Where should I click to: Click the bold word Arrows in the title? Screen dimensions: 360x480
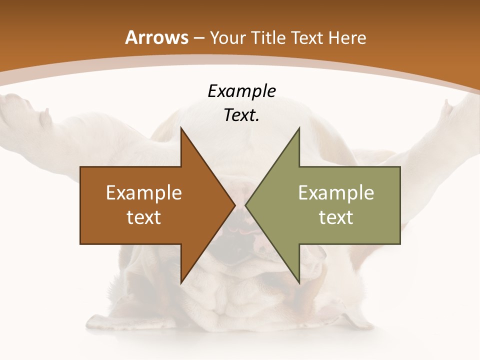tap(156, 37)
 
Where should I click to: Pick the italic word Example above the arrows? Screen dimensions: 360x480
tap(241, 91)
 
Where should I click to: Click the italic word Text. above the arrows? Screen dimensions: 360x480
tap(241, 115)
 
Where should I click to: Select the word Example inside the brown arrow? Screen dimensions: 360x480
tap(144, 193)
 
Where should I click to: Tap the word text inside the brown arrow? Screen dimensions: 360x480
tap(144, 217)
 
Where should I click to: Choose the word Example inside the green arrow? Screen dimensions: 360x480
tap(336, 193)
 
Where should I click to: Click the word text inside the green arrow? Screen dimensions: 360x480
tap(336, 217)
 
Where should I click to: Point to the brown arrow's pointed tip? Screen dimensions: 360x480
tap(234, 205)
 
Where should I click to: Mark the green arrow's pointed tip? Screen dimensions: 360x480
tap(246, 205)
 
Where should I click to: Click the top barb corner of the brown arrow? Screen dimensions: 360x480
tap(181, 128)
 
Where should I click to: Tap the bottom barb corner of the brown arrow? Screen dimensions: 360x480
tap(181, 282)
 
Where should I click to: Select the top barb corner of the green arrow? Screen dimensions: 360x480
tap(299, 128)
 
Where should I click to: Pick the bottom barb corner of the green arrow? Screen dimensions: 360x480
tap(299, 282)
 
